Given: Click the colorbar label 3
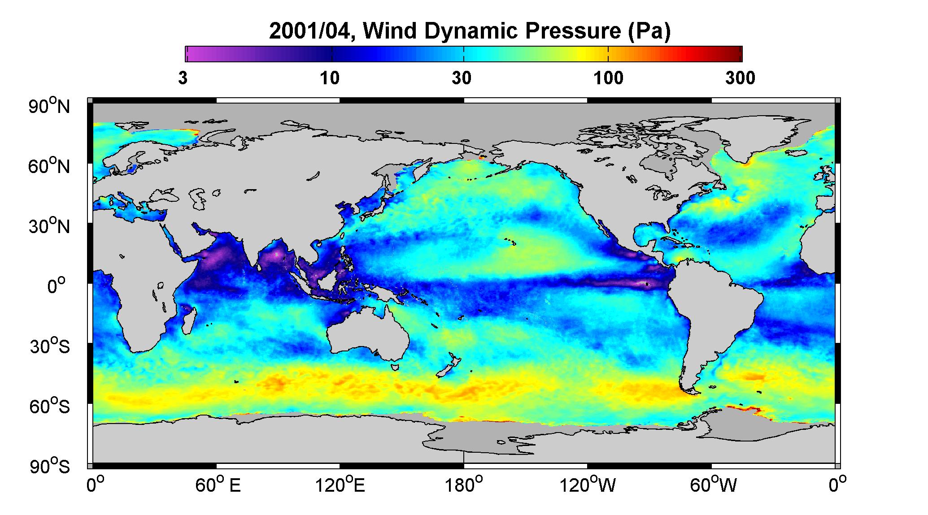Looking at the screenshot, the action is (x=183, y=78).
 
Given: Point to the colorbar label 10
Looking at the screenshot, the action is (x=330, y=78).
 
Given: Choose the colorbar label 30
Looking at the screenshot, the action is (x=462, y=78).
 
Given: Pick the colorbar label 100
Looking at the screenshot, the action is (x=609, y=78).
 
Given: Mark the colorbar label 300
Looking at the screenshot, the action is (x=740, y=78).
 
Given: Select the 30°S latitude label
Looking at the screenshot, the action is (x=50, y=346).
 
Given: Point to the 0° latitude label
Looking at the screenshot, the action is (x=57, y=286).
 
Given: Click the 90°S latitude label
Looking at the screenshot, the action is (x=50, y=467).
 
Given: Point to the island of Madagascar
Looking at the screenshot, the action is (x=189, y=320).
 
